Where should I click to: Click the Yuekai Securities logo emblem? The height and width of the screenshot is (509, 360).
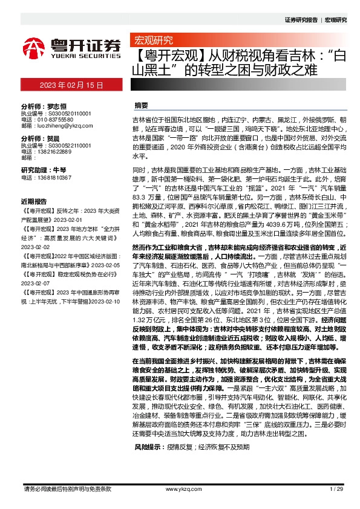(x=34, y=47)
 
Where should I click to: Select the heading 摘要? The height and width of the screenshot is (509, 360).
(x=141, y=105)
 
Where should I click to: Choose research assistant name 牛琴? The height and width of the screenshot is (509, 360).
(x=59, y=170)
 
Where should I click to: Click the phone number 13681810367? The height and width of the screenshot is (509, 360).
(x=54, y=177)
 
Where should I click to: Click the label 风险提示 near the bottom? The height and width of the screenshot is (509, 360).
(x=148, y=463)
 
